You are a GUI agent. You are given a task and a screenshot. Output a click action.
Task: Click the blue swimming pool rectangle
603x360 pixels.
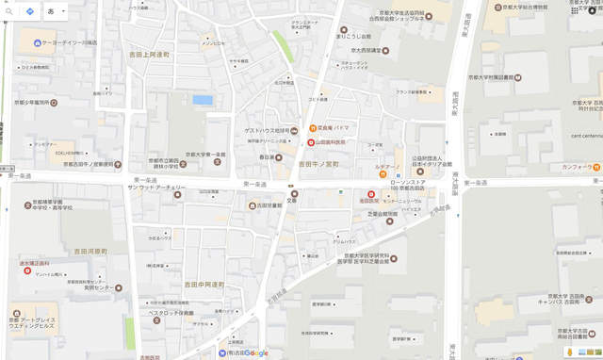(x=203, y=99)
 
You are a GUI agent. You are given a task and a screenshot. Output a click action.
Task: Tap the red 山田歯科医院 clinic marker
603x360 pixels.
(x=311, y=141)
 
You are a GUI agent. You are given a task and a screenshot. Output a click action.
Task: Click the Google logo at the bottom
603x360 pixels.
(x=253, y=353)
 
